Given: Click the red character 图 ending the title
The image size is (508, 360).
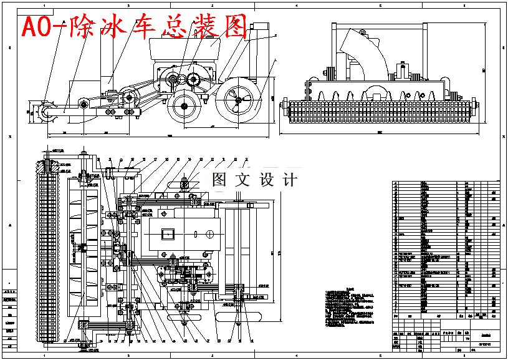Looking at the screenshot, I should click(x=233, y=26).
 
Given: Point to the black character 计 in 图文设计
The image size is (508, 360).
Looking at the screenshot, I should click(x=290, y=180).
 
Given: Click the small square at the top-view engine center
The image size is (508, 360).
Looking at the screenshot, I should click(x=168, y=233).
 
